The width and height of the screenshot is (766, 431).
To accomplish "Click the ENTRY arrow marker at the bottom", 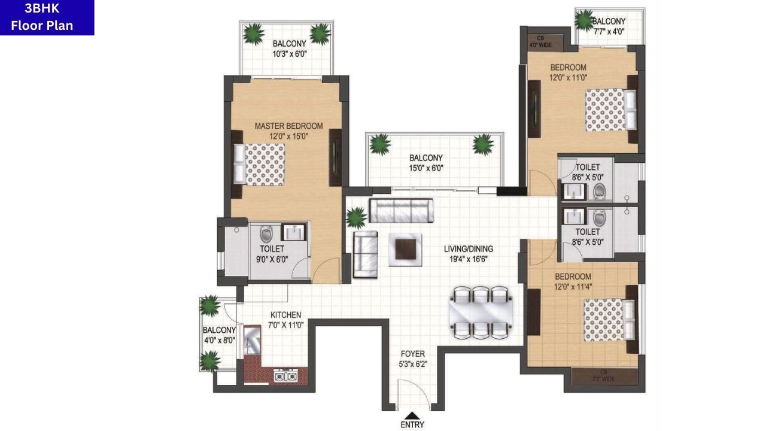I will click(x=412, y=415).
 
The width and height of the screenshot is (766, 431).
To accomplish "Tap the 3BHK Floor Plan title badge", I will click(x=47, y=17).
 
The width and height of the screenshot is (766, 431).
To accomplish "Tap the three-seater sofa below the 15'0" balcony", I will click(x=401, y=211).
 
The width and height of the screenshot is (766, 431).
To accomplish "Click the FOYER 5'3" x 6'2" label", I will click(x=412, y=358).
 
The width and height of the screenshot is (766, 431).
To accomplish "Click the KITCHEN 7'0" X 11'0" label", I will click(x=286, y=320).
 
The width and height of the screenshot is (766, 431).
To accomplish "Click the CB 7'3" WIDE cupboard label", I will click(x=604, y=375).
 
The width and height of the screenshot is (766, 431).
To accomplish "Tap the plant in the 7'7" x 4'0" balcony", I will click(x=584, y=20).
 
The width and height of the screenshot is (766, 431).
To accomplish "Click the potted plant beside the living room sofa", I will click(x=356, y=216).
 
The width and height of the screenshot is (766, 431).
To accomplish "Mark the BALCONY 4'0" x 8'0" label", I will click(x=218, y=335).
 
